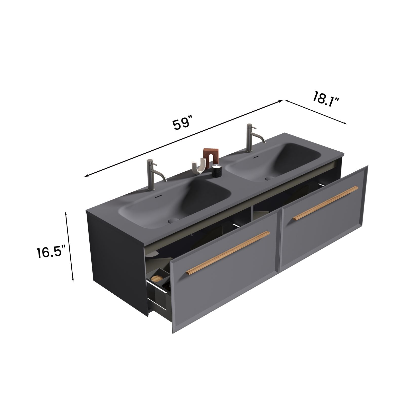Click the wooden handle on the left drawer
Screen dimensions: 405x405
click(228, 252)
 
